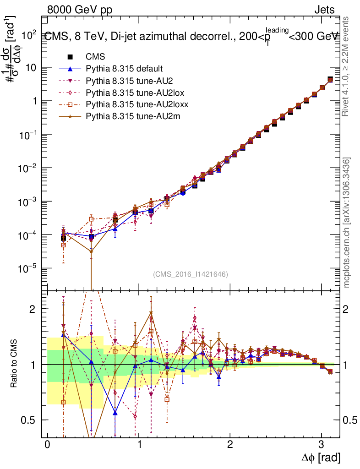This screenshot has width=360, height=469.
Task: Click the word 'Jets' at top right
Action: coord(324,10)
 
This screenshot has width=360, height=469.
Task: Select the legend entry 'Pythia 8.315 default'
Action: coord(124,69)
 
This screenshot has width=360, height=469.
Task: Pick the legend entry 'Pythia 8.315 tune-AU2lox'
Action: coord(130,93)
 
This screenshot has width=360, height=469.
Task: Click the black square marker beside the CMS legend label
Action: coord(70,57)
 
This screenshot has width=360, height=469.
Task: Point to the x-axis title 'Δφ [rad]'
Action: coord(321,458)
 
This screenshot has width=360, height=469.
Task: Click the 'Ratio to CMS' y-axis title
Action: coord(14,364)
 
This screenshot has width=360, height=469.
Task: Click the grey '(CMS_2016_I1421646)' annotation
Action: coord(191,274)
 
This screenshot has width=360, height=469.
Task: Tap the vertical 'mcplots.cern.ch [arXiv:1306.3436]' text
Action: coord(347,223)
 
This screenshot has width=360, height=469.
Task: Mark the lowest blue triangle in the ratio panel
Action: coord(115,413)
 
